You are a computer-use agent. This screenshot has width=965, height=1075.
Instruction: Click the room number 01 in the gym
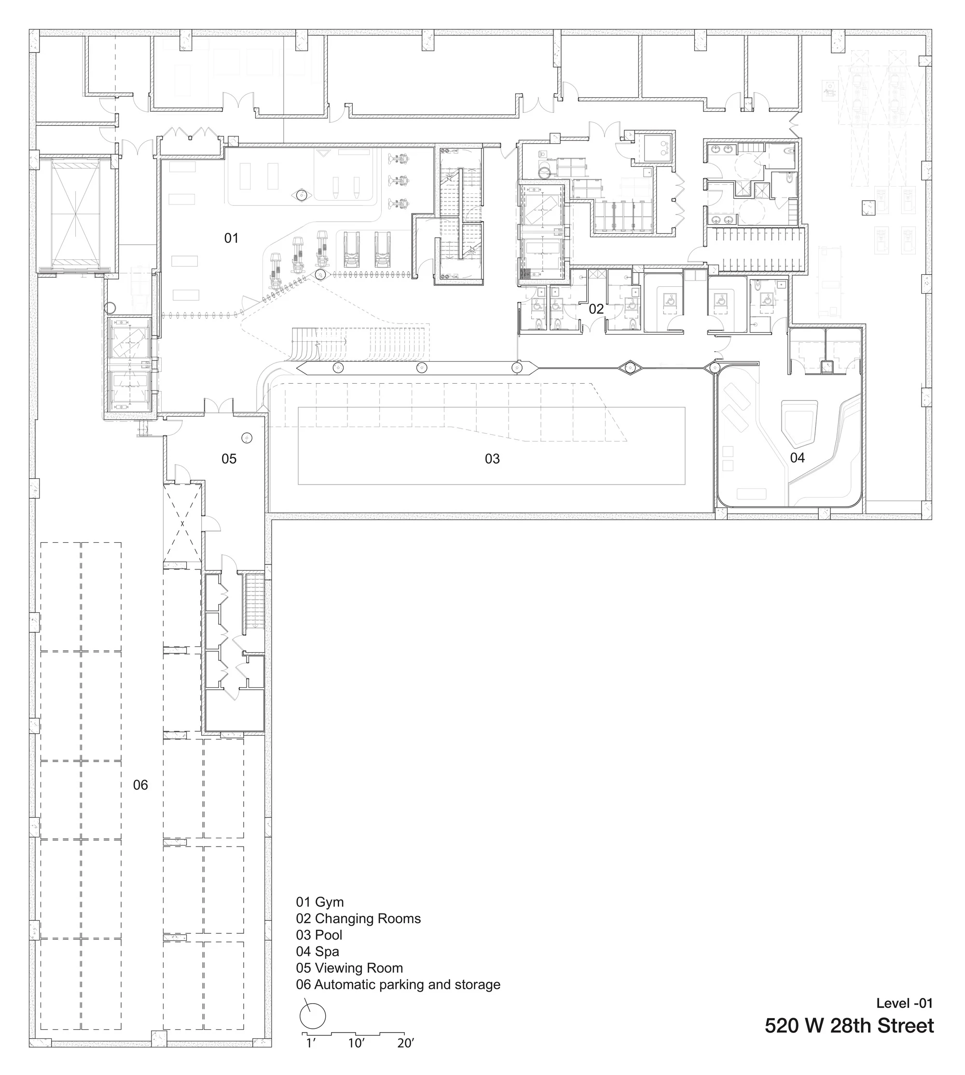point(231,239)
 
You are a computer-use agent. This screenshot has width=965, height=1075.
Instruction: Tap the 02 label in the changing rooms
point(596,309)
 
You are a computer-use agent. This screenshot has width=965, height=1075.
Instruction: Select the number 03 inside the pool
point(492,459)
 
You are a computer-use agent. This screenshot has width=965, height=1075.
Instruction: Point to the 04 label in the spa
point(797,458)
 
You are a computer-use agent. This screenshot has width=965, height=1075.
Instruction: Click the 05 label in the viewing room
point(229,459)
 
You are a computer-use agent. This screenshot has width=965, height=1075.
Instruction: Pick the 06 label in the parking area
point(140,785)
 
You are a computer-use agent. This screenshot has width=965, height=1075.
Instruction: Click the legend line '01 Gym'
point(320,902)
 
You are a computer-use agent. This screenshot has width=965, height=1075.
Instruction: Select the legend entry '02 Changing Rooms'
point(358,918)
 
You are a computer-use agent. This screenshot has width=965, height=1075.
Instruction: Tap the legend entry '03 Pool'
point(319,935)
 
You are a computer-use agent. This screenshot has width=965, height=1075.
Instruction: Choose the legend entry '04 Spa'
point(317,951)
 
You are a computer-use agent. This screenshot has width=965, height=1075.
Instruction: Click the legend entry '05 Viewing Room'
point(349,967)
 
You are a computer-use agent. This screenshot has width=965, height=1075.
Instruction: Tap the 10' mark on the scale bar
point(356,1043)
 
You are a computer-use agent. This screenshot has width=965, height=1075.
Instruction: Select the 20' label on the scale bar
point(405,1043)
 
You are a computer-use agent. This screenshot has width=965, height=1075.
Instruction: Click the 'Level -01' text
point(904,1003)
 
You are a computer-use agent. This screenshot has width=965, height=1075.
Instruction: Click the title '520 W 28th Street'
point(849,1026)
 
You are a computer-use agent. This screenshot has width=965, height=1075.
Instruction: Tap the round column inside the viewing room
point(247,438)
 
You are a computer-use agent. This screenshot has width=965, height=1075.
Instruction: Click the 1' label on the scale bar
point(311,1043)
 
